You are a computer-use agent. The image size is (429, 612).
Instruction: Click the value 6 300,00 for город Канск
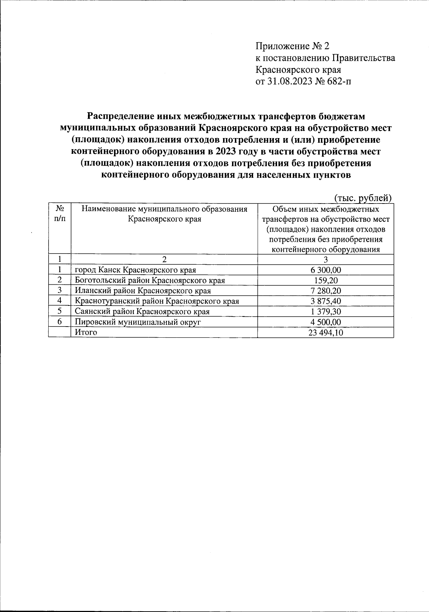(x=326, y=270)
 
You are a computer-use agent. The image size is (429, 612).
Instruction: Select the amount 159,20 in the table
(x=326, y=280)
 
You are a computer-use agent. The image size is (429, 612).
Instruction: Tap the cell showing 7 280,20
(x=326, y=291)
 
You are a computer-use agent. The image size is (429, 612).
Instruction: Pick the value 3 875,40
(x=326, y=301)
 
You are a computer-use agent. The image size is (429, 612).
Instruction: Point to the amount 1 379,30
(x=326, y=312)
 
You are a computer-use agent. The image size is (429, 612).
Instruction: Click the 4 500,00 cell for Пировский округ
(x=326, y=322)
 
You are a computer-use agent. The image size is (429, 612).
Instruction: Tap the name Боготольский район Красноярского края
(x=150, y=280)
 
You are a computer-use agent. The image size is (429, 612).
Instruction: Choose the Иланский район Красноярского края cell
(x=143, y=291)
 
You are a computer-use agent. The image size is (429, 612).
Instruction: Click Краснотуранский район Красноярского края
(x=157, y=301)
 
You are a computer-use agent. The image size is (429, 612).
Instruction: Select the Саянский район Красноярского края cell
(x=142, y=312)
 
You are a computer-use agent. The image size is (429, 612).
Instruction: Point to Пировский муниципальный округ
(x=138, y=322)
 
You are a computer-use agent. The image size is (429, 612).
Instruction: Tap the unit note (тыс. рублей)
(x=363, y=198)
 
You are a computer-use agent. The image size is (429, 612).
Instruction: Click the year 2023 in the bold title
(x=226, y=151)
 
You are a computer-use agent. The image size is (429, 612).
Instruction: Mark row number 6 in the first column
(x=60, y=322)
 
